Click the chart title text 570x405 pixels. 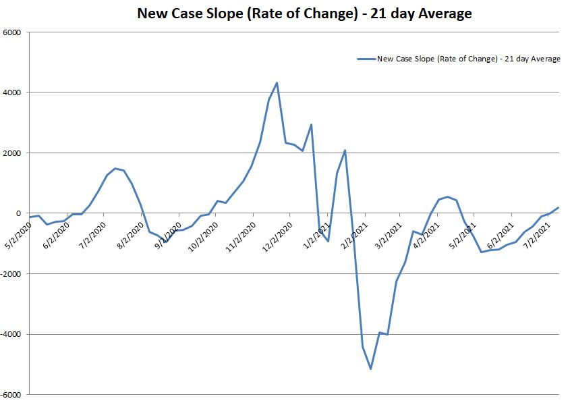coord(304,13)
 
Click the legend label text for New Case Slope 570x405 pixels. coord(469,59)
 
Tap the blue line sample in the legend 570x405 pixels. coord(366,59)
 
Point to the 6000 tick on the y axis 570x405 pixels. coord(13,32)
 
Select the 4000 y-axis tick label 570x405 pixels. coord(13,92)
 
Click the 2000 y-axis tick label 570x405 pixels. coord(13,153)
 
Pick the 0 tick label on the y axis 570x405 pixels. coord(19,213)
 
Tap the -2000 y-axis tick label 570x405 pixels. coord(11,274)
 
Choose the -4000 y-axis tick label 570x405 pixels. coord(11,334)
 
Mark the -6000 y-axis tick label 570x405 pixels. coord(11,395)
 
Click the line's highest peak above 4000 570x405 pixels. coord(277,83)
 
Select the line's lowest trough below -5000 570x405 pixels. coord(371,369)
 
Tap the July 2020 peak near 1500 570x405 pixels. coord(115,168)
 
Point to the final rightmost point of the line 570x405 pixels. coord(559,208)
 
